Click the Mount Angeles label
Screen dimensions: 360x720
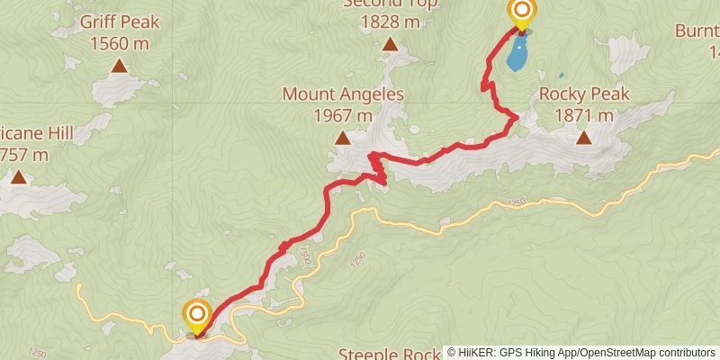pyautogui.click(x=342, y=94)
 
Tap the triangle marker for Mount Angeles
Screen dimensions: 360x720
pyautogui.click(x=343, y=138)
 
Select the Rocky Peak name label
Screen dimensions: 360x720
pyautogui.click(x=584, y=94)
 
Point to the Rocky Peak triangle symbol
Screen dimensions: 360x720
pyautogui.click(x=584, y=138)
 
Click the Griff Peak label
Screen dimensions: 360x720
pyautogui.click(x=119, y=21)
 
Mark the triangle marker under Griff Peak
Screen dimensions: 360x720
pyautogui.click(x=119, y=66)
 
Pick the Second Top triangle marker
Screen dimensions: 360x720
pyautogui.click(x=390, y=44)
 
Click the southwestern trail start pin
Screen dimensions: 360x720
pyautogui.click(x=196, y=315)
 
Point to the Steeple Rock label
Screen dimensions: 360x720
pyautogui.click(x=390, y=353)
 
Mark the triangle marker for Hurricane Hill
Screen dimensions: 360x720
pyautogui.click(x=18, y=177)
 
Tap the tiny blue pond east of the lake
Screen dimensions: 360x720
pyautogui.click(x=562, y=75)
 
